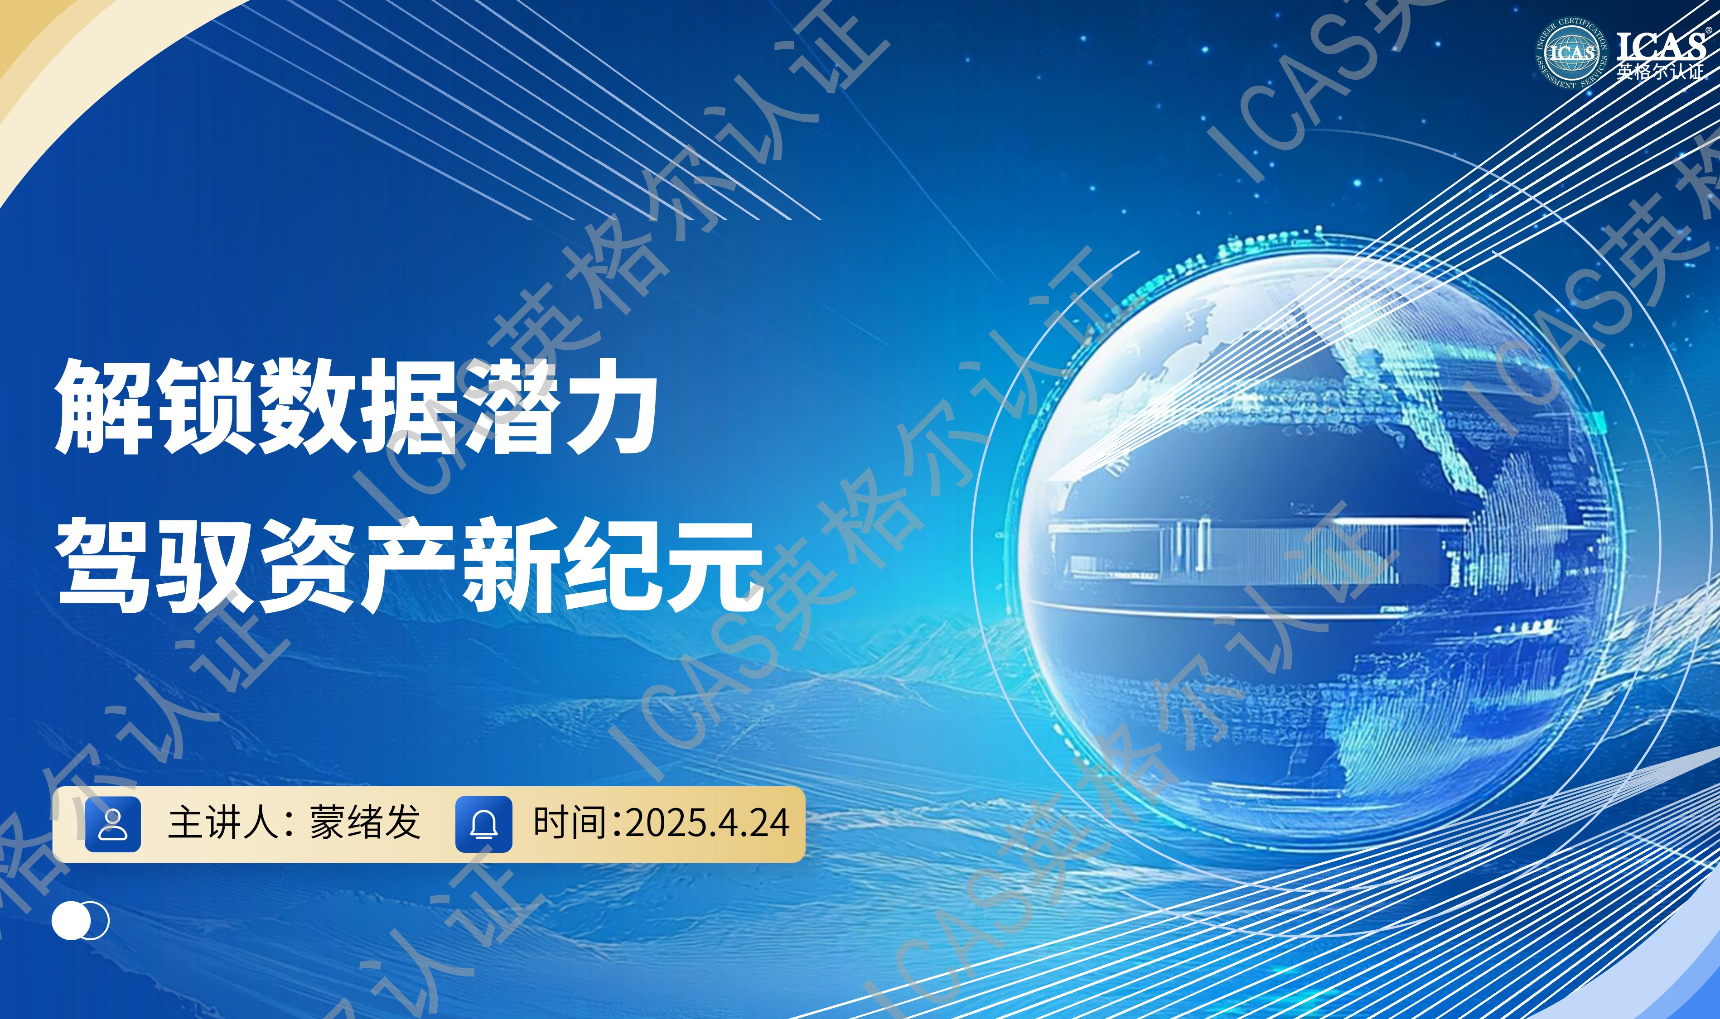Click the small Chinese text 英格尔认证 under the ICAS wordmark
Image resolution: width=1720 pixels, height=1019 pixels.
coord(1660,72)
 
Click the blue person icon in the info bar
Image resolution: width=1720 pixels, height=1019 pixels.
coord(113,824)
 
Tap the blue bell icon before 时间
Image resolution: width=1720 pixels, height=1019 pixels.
coord(483,824)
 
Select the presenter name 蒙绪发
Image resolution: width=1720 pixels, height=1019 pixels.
coord(365,822)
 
